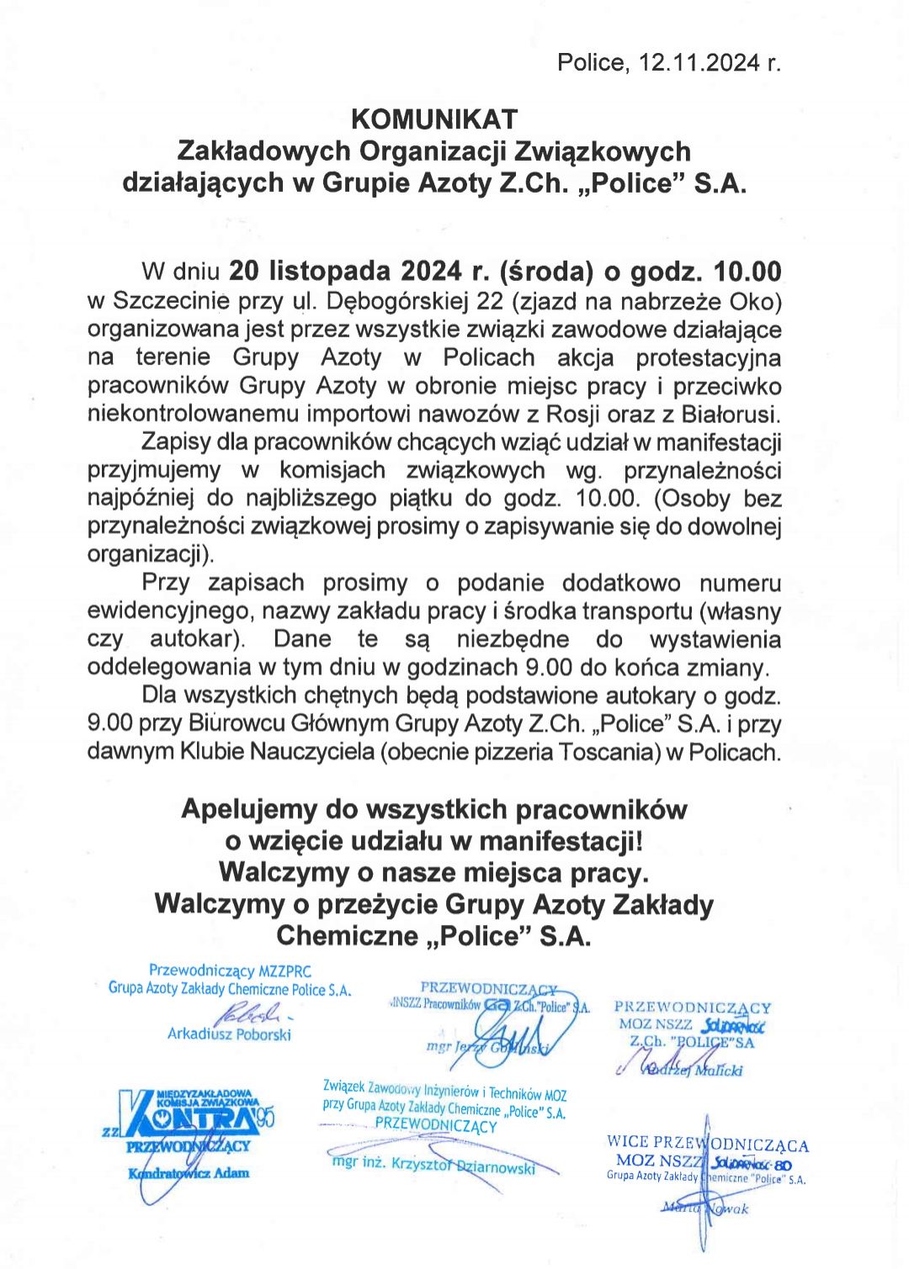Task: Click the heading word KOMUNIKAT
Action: pyautogui.click(x=433, y=119)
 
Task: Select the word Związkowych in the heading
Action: pyautogui.click(x=602, y=151)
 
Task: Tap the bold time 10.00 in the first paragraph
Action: pyautogui.click(x=747, y=272)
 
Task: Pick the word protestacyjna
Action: pyautogui.click(x=708, y=357)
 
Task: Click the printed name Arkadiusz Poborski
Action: pyautogui.click(x=229, y=1034)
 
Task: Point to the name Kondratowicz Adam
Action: pyautogui.click(x=189, y=1173)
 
